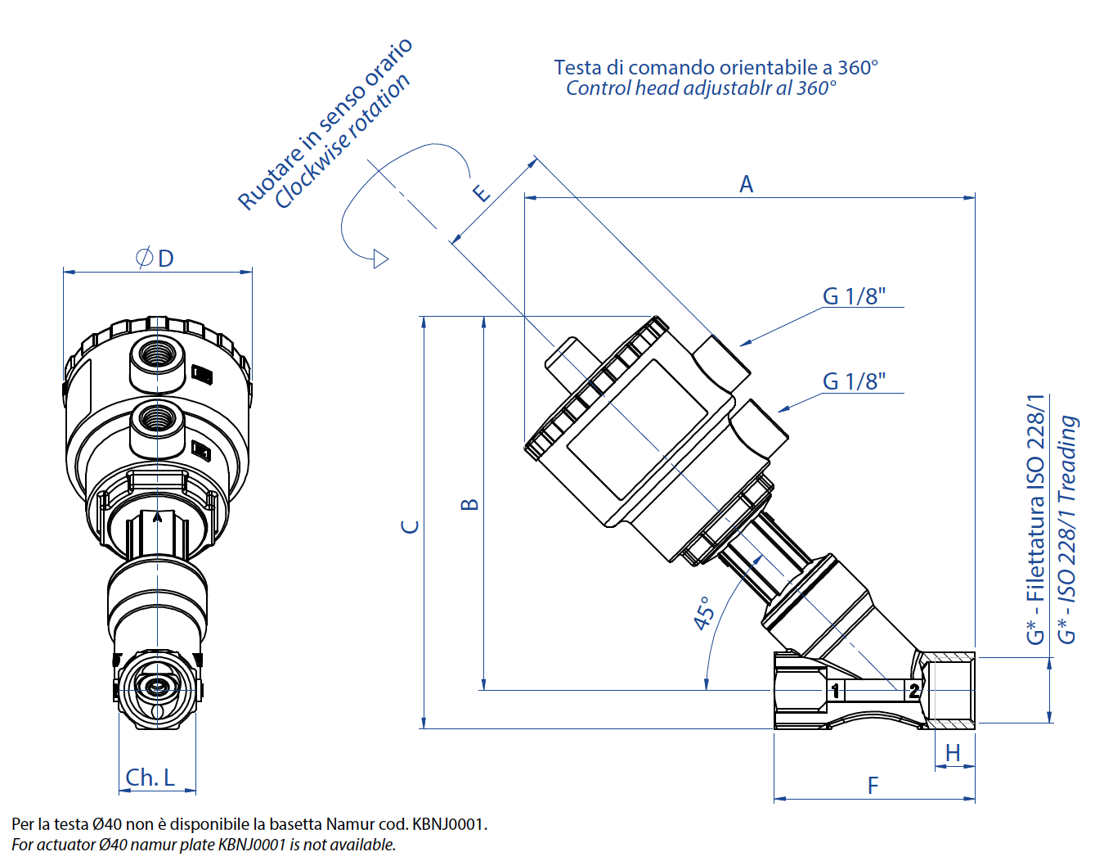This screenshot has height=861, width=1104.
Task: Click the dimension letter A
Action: pyautogui.click(x=746, y=184)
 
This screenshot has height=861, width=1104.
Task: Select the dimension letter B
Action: pyautogui.click(x=469, y=504)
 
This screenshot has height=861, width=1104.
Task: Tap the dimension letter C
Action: pyautogui.click(x=411, y=526)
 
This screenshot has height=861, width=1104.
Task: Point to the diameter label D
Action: pyautogui.click(x=155, y=259)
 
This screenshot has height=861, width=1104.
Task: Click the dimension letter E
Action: pyautogui.click(x=482, y=193)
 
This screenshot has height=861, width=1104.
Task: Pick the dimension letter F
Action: pyautogui.click(x=873, y=786)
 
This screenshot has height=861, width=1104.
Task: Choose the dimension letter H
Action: pyautogui.click(x=953, y=753)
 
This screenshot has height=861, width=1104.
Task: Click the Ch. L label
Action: pyautogui.click(x=150, y=778)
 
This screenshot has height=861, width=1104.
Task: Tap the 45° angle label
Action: pyautogui.click(x=704, y=613)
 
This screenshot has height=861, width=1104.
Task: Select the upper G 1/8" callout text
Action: pyautogui.click(x=854, y=296)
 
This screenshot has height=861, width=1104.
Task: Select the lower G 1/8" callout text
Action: pyautogui.click(x=854, y=381)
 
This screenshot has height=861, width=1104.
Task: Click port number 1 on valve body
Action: pyautogui.click(x=836, y=691)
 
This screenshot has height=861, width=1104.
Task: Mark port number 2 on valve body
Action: pyautogui.click(x=913, y=691)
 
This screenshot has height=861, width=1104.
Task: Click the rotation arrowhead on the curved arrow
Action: pyautogui.click(x=380, y=259)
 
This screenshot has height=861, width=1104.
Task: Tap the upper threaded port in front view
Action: pyautogui.click(x=157, y=354)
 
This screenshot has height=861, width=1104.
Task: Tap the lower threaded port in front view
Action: pyautogui.click(x=157, y=419)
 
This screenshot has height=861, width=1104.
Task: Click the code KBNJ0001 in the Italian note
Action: pyautogui.click(x=448, y=824)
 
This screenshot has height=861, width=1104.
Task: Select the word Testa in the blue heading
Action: pyautogui.click(x=577, y=68)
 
